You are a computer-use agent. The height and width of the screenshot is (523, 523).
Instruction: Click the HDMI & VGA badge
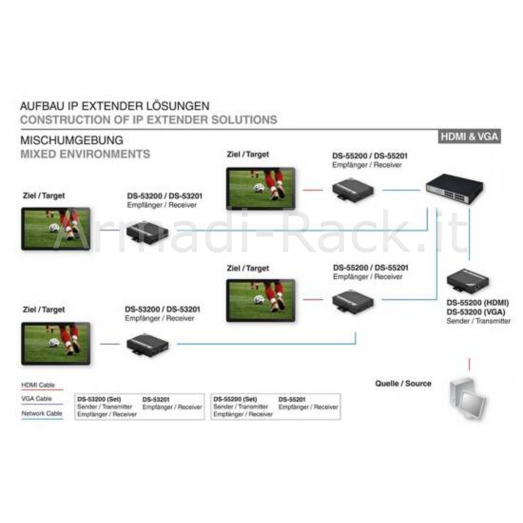(469, 137)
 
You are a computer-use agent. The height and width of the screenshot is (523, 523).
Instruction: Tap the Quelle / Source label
(403, 383)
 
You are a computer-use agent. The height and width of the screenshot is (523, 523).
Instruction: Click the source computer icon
(468, 399)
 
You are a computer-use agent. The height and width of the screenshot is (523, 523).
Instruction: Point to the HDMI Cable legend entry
(38, 385)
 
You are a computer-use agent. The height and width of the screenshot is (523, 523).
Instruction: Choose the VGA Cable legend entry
(37, 399)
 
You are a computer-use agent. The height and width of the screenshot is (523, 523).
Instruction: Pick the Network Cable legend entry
(42, 413)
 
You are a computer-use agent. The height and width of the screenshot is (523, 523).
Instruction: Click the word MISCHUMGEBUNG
(72, 140)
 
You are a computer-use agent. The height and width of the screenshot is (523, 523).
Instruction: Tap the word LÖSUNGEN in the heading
(178, 106)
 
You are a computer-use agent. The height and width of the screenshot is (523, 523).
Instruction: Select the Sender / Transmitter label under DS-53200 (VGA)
(478, 321)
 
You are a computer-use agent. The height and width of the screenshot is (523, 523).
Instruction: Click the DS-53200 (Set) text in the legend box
(99, 399)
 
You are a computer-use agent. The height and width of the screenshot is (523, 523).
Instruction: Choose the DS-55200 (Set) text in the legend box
(235, 399)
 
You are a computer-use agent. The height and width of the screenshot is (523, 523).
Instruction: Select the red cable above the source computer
(470, 363)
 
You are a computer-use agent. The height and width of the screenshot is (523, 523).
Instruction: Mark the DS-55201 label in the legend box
(292, 399)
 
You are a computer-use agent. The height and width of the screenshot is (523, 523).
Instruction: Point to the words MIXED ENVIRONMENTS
(85, 154)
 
